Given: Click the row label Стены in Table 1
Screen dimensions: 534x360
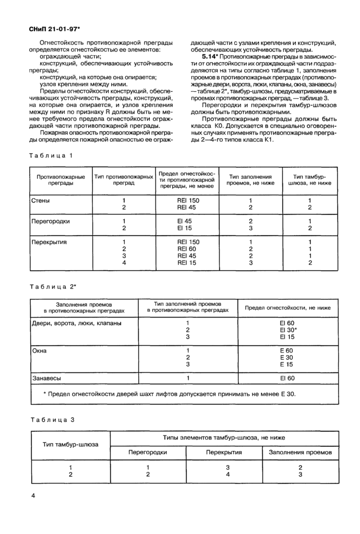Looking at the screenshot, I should click(41, 200).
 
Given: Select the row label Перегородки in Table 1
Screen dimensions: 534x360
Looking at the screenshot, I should click(51, 221).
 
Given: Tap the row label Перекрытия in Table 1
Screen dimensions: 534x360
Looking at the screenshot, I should click(50, 242).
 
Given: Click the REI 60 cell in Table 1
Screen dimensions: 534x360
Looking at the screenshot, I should click(188, 249).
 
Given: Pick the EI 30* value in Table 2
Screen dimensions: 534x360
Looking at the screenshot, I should click(288, 330).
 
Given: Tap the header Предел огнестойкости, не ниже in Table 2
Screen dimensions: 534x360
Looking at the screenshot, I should click(288, 308).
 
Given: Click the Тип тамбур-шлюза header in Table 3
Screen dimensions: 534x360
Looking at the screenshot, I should click(69, 444).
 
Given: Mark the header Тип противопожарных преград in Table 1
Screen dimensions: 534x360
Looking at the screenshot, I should click(124, 180).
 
